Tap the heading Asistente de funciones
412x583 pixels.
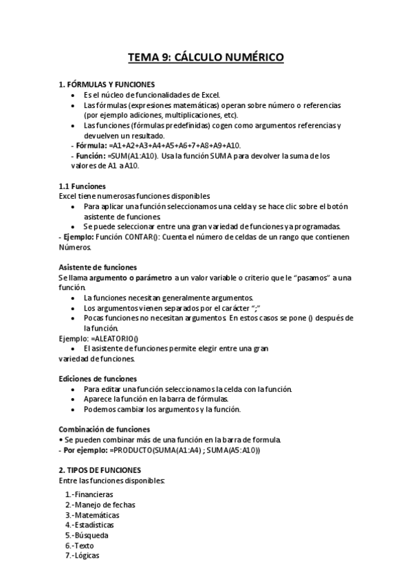point(98,267)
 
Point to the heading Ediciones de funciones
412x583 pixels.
point(98,378)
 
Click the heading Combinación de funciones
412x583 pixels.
point(104,429)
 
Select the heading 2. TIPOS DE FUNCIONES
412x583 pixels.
point(100,470)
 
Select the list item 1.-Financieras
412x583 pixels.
point(89,494)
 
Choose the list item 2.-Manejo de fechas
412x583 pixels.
point(100,504)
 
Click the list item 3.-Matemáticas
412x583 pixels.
point(92,514)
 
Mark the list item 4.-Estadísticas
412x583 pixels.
point(89,525)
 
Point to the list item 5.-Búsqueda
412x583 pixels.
point(87,534)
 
